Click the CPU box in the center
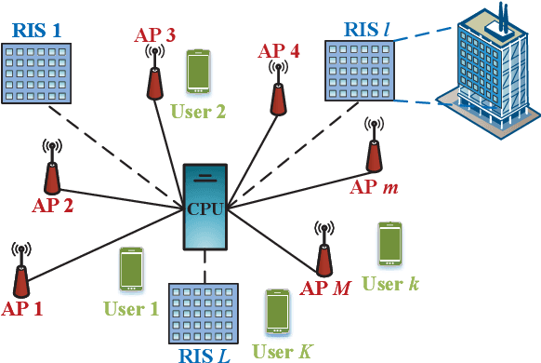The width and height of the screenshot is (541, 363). [x=204, y=208]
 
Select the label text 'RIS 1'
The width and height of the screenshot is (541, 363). [x=37, y=29]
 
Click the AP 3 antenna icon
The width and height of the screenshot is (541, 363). [x=152, y=73]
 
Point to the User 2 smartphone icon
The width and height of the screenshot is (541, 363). [x=198, y=72]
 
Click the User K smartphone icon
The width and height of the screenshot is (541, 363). [x=277, y=313]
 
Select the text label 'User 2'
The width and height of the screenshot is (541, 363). [x=197, y=112]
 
